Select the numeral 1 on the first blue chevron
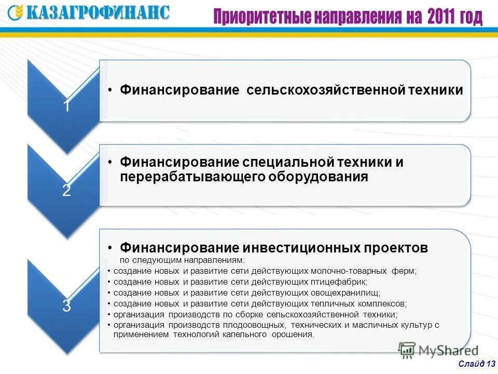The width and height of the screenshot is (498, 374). (66, 106)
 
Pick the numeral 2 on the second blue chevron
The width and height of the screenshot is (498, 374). (66, 191)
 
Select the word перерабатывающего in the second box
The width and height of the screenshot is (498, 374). (191, 177)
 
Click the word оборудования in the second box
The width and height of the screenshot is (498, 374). (318, 177)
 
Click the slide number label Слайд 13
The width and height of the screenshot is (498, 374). (476, 363)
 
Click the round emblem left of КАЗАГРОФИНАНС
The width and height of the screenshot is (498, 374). (17, 12)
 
